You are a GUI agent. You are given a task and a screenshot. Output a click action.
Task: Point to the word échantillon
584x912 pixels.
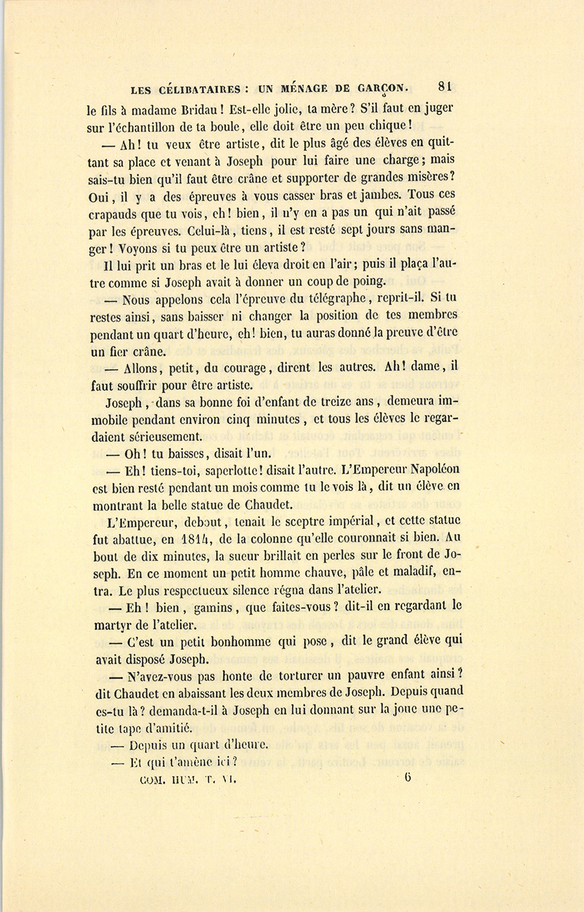[x=157, y=126]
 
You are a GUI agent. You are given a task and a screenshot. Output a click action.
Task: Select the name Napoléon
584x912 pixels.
[x=430, y=469]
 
